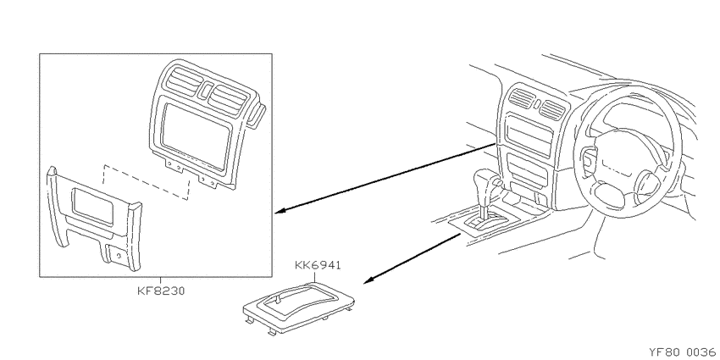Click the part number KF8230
point(161,291)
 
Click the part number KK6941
point(318,265)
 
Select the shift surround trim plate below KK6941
point(298,307)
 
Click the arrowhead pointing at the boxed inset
point(281,211)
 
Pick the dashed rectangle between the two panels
point(146,182)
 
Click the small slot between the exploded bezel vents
point(206,90)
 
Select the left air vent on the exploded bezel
point(183,83)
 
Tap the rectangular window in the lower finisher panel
point(93,207)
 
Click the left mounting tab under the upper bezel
point(174,165)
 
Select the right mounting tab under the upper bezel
point(208,180)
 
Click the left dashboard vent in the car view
point(522,97)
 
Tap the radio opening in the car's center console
point(529,136)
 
